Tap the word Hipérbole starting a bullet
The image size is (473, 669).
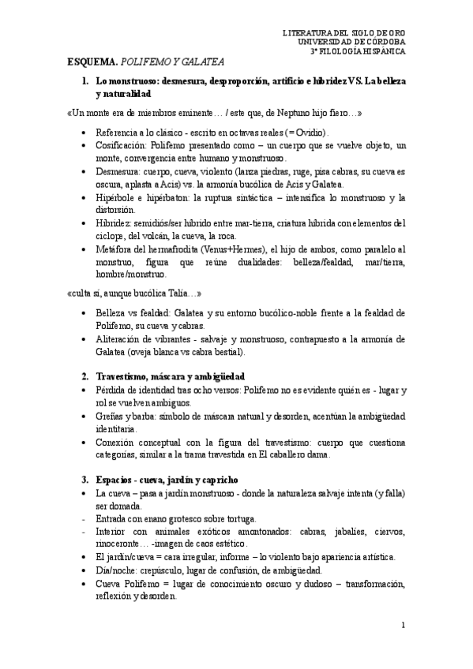(117, 197)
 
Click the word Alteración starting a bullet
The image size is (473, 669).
(119, 338)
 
